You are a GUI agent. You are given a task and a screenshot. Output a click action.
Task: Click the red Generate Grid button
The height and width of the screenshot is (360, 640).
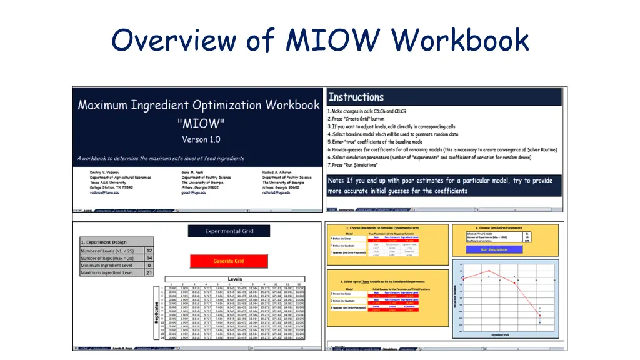tap(229, 261)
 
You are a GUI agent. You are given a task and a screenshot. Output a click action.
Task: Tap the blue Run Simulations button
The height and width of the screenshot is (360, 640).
tap(494, 249)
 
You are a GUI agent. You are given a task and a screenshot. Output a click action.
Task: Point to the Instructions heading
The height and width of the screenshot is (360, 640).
tap(356, 97)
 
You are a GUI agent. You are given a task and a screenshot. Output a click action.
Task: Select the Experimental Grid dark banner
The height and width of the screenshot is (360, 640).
tap(229, 231)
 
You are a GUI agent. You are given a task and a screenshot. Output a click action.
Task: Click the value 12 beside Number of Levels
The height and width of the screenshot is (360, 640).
tap(149, 251)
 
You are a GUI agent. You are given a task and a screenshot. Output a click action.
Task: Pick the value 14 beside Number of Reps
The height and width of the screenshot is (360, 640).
tap(149, 258)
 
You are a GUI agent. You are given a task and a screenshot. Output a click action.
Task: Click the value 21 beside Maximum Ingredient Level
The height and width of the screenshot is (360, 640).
tap(149, 273)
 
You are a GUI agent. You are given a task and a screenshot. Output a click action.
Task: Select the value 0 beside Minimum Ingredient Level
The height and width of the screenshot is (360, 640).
tap(149, 266)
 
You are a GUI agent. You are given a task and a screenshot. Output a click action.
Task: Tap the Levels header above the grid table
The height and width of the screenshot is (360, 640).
tap(235, 279)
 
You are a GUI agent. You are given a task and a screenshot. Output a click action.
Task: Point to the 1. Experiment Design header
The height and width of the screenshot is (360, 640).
tap(104, 242)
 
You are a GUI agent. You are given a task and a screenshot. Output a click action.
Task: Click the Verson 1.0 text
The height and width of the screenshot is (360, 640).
tap(201, 139)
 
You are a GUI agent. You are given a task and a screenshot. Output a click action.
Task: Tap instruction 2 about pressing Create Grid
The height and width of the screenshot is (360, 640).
tap(356, 119)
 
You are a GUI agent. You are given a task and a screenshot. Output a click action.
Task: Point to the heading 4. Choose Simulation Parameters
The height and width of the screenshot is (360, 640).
tap(507, 228)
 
